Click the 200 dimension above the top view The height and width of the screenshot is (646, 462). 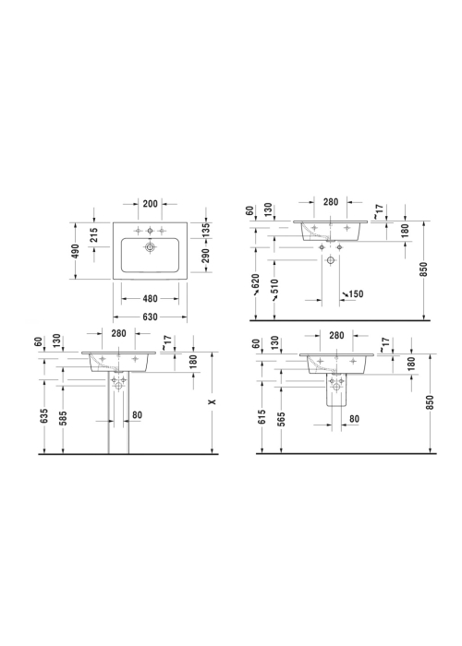(150, 204)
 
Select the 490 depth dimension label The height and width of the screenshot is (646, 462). (77, 252)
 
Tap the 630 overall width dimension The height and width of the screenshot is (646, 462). (150, 317)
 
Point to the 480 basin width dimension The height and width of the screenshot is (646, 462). (150, 298)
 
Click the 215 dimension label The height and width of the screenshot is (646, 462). (94, 235)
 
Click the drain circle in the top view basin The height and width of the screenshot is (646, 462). (150, 247)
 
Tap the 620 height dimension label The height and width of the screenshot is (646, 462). (256, 281)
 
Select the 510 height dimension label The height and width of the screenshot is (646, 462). (274, 288)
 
